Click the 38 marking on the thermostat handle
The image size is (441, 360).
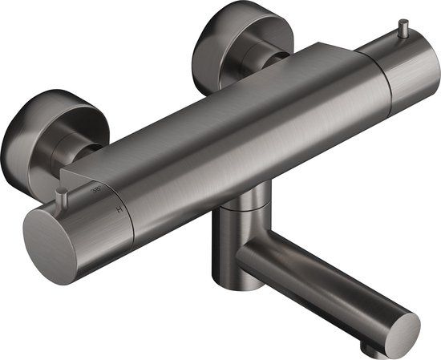98,189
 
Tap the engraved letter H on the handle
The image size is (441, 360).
119,209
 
